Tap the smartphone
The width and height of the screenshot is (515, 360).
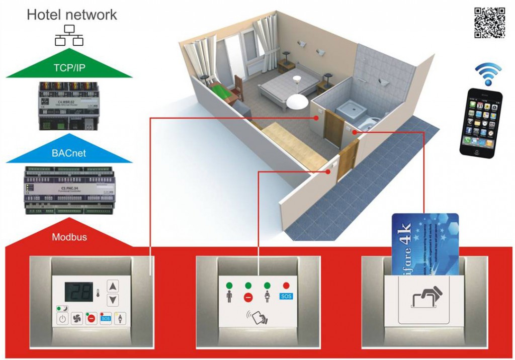pos(481,121)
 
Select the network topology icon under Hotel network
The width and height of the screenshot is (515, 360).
pos(68,35)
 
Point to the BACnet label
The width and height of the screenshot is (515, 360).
pos(69,153)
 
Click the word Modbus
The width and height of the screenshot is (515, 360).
pos(69,236)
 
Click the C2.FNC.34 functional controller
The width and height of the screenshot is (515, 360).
pos(69,190)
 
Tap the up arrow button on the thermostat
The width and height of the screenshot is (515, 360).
pos(114,286)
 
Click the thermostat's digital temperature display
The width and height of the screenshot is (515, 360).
pos(78,291)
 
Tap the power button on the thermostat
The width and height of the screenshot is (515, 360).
pos(62,318)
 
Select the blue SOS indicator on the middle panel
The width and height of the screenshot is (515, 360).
pos(286,297)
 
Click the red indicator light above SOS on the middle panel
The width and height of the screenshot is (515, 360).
pos(286,286)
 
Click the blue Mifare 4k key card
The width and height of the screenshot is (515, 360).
pos(425,241)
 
